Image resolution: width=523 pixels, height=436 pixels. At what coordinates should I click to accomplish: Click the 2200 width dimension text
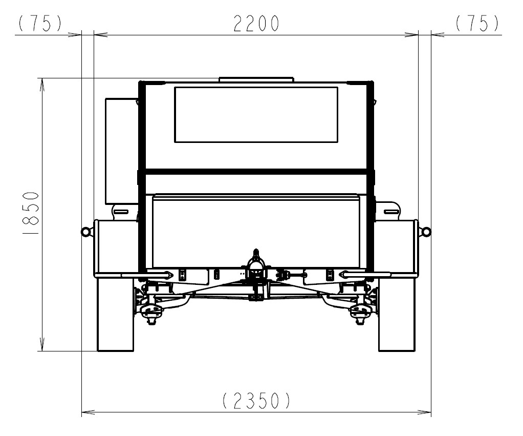point(256,24)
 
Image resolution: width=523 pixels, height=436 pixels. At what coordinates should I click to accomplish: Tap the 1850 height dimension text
point(31,213)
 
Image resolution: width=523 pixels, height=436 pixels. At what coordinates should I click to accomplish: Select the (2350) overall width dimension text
point(256,401)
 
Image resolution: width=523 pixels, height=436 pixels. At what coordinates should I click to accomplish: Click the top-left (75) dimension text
point(40,24)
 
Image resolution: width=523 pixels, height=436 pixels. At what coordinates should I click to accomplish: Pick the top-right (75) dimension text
point(477,24)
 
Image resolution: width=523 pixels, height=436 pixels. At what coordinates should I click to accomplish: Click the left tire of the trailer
point(115,314)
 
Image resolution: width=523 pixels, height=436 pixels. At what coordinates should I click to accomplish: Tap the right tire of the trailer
point(397,314)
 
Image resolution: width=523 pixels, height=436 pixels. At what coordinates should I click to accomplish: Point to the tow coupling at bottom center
point(256,274)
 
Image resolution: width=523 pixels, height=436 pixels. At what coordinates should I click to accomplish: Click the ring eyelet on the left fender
point(85,232)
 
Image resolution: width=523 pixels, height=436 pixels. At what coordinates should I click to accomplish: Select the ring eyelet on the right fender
point(426,232)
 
